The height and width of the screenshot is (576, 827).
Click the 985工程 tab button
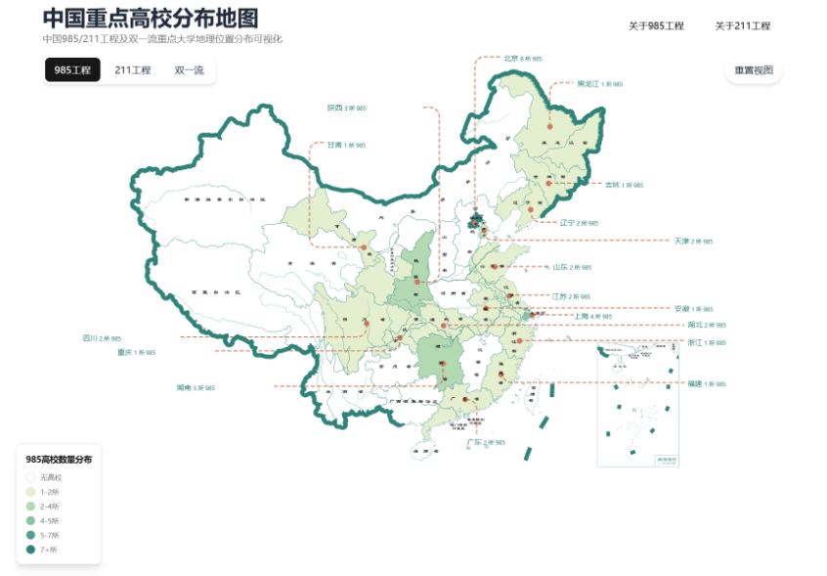coord(72,70)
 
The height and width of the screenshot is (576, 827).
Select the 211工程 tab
coord(133,70)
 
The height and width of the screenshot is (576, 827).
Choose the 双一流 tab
coord(190,70)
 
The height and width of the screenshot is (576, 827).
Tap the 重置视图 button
coord(754,70)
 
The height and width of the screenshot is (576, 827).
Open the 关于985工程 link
coord(656,26)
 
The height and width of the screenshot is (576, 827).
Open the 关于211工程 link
coord(742,26)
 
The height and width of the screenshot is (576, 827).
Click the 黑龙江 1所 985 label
coord(599,84)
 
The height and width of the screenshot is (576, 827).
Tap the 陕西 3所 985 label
coord(347,108)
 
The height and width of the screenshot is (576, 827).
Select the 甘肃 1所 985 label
coord(346,145)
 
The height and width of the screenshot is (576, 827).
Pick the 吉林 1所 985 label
coord(624,184)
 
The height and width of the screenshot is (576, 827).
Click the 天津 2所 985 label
coord(693,241)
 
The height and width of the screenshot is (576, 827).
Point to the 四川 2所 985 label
coord(102,337)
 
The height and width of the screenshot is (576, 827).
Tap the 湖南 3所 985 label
coord(196,388)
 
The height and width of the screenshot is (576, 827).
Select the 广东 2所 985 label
coord(486,442)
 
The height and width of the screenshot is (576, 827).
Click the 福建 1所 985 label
coord(707,383)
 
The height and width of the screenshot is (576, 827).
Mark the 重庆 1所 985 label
coord(137,351)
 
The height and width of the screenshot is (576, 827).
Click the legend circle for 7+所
coord(30,550)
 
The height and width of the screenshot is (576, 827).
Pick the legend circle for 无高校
coord(30,477)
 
